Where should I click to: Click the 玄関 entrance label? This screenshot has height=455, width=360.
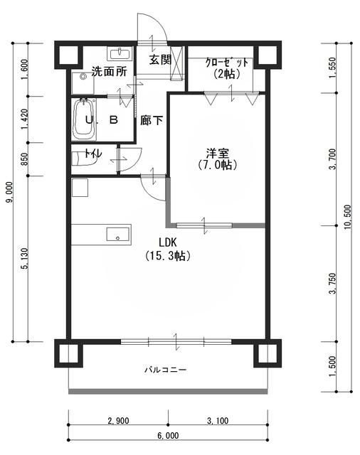click(x=160, y=60)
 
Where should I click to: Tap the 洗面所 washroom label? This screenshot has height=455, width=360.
click(x=109, y=71)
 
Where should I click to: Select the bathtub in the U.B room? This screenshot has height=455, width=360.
click(x=84, y=119)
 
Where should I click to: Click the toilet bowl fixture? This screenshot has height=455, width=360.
click(x=83, y=159)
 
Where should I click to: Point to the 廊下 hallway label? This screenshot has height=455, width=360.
click(x=152, y=120)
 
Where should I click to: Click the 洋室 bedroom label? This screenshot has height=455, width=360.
click(x=218, y=153)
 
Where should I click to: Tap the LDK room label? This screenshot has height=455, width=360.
click(x=168, y=242)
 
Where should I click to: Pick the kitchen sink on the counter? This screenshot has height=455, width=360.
click(x=117, y=234)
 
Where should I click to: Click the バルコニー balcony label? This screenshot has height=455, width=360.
click(x=166, y=370)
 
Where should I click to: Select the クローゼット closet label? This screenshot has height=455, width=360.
click(x=227, y=63)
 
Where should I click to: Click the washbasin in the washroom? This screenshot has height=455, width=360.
click(x=120, y=54)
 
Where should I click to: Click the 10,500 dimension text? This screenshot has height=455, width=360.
click(x=348, y=217)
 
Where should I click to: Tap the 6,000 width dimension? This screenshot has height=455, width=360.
click(x=168, y=435)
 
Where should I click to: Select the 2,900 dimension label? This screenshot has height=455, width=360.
click(x=118, y=420)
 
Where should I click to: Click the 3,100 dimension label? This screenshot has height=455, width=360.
click(x=218, y=420)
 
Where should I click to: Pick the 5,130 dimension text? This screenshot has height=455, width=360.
click(x=26, y=259)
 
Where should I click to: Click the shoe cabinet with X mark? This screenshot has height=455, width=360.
click(x=176, y=63)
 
